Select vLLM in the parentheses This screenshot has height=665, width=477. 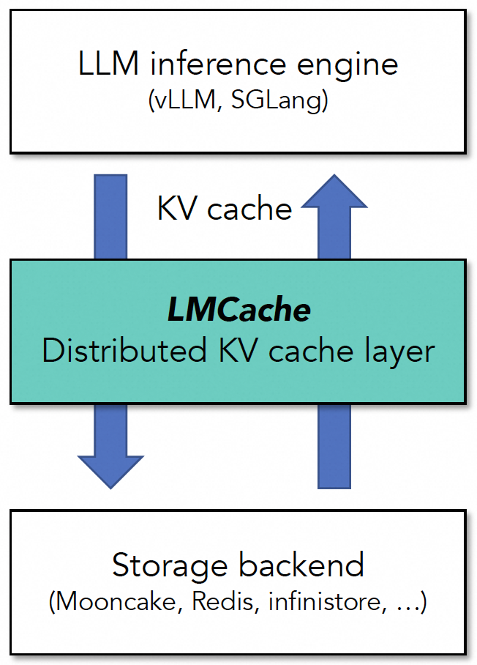click(184, 102)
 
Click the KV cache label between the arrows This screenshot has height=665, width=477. click(225, 209)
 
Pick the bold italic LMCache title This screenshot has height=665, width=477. click(238, 311)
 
